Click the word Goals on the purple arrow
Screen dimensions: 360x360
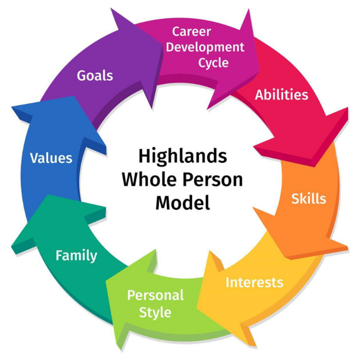95,75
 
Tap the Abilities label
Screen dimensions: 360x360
281,95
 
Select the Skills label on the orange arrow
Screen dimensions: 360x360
309,199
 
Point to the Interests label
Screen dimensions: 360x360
254,282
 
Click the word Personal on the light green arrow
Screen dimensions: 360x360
155,295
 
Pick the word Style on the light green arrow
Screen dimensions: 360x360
155,312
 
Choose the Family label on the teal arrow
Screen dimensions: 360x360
77,255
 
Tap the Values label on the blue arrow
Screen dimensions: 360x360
51,158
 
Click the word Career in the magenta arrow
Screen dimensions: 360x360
192,32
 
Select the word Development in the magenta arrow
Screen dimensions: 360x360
206,47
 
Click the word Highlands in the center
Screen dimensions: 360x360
183,156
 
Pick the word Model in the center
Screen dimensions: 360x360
182,203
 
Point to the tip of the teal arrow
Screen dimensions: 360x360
45,196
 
